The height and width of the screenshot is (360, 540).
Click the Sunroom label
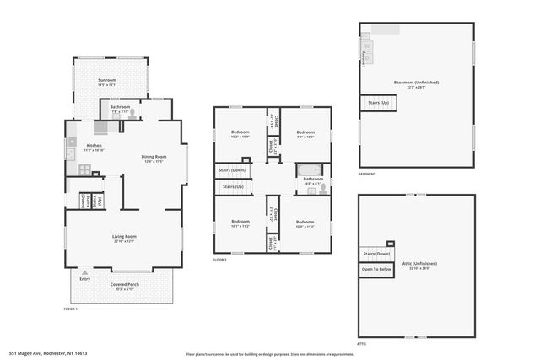[x=105, y=80]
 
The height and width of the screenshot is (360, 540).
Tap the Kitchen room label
[x=94, y=145]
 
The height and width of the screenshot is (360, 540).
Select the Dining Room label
[x=153, y=157]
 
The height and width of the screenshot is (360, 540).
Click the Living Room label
[x=124, y=237]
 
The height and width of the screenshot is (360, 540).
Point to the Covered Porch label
[x=124, y=285]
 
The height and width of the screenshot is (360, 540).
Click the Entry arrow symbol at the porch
[x=84, y=273]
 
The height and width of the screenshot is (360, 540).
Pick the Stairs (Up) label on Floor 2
[x=233, y=186]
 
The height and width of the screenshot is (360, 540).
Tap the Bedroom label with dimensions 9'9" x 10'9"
[x=305, y=133]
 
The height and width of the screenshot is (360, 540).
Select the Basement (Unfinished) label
[x=416, y=83]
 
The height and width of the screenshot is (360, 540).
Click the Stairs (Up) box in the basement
[x=377, y=102]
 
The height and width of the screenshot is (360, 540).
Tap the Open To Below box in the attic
[x=376, y=270]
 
